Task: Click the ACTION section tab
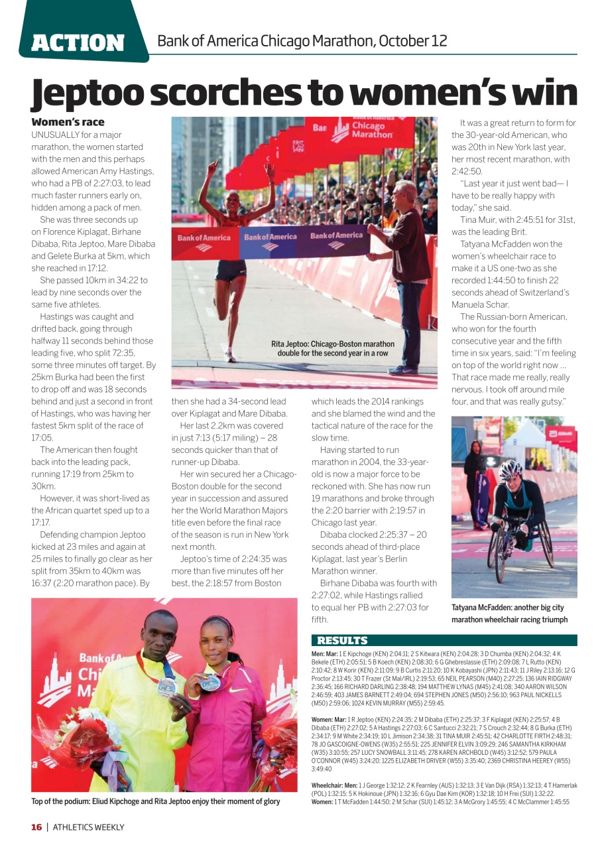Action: (x=78, y=42)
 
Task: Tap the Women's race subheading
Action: (x=68, y=122)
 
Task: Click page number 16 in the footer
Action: (x=36, y=827)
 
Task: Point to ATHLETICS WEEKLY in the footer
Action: (x=88, y=827)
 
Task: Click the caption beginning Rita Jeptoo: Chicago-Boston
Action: (x=333, y=348)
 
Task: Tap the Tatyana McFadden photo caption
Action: (x=509, y=614)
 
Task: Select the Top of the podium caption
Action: (x=155, y=801)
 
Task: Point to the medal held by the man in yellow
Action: (x=166, y=685)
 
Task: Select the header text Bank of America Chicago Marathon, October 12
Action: (x=302, y=41)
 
